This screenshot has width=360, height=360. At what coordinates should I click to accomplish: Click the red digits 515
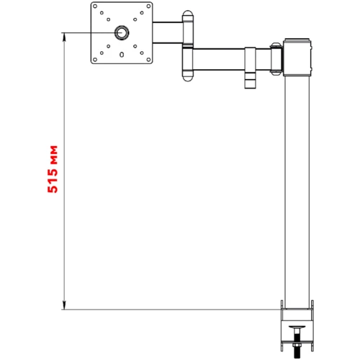53,179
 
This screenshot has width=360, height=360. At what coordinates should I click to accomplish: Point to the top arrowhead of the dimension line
64,37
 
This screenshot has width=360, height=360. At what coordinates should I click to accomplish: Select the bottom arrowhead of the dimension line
64,305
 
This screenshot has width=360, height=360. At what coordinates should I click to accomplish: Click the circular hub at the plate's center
122,32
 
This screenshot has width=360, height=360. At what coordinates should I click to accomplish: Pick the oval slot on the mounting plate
122,55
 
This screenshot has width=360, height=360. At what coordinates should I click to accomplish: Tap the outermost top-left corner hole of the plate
95,6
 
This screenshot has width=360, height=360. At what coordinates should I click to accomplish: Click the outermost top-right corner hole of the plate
148,6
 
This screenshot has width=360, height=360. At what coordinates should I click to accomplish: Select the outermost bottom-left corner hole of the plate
95,60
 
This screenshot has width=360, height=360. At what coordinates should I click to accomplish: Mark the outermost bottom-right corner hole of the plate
148,60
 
